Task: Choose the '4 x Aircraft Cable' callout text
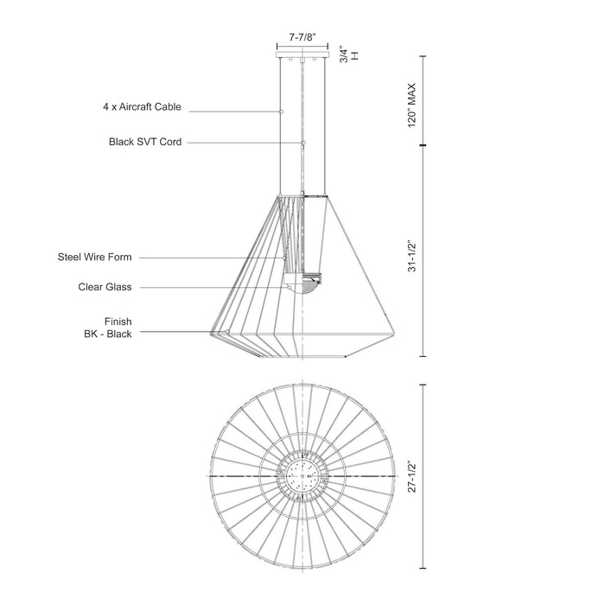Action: pos(143,109)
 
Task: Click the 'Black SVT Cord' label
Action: pos(145,142)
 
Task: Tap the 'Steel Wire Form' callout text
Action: pos(95,257)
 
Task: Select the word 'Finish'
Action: pos(118,322)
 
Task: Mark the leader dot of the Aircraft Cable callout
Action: pos(282,111)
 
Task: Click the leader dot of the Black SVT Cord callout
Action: pos(304,142)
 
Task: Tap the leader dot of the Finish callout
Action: pos(226,331)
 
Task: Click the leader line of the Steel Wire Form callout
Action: pos(212,257)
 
